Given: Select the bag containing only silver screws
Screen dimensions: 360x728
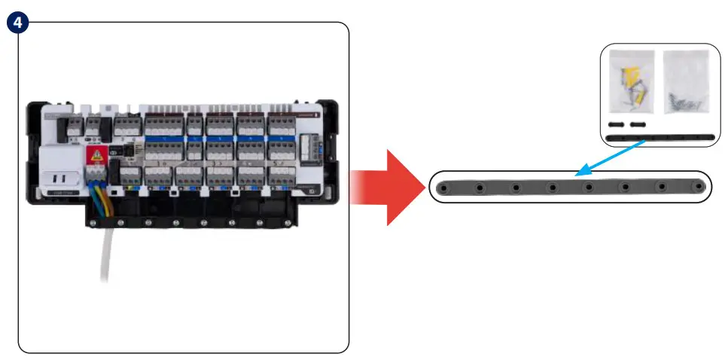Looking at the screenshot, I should pos(686,83).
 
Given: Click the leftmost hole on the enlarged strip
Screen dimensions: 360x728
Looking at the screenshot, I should pos(444,187).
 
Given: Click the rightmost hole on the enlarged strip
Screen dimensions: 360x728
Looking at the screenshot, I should pos(699,187).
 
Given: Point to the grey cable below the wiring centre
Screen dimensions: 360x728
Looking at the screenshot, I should pos(106,260).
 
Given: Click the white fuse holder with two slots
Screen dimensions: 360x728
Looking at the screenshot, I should pos(59,178).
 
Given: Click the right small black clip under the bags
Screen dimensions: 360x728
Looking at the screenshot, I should pos(638,124).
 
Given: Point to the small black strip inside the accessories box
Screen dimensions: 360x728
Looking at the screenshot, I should pos(660,138).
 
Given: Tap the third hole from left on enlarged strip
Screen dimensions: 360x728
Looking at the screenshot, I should pos(516,187).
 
